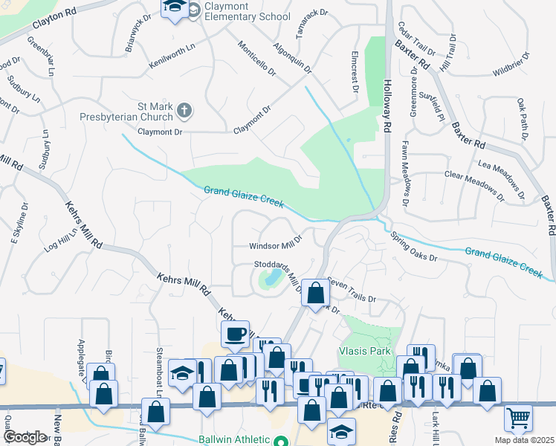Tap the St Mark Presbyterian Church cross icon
tap(185, 111)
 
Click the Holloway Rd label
tap(387, 106)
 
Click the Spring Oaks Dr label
tap(414, 246)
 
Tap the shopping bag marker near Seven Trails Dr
tap(315, 292)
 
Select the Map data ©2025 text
tap(524, 440)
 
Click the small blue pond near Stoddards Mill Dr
tap(270, 279)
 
